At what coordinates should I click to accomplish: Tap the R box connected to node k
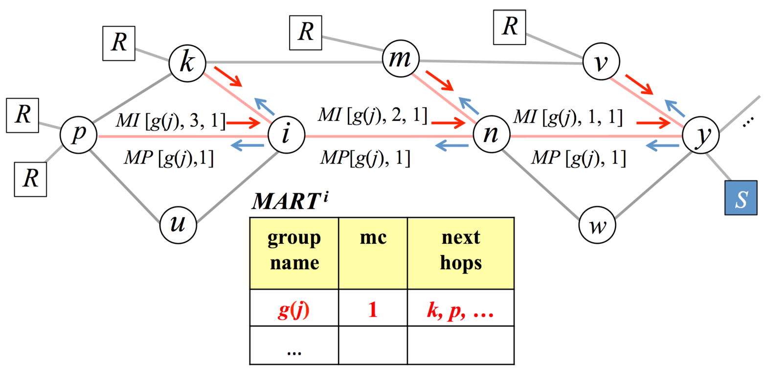point(119,44)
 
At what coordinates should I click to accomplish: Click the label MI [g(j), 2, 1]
point(373,116)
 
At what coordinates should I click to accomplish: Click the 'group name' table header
point(294,253)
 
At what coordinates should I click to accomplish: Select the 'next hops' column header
point(460,253)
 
